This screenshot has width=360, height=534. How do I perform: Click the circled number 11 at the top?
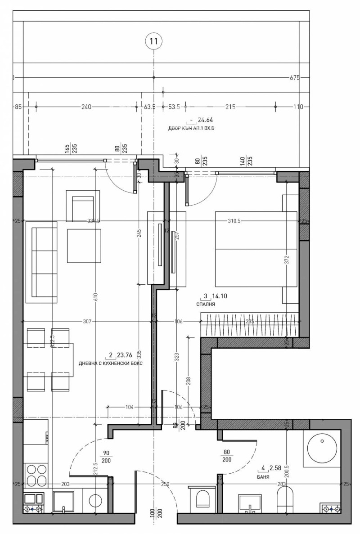click(x=154, y=41)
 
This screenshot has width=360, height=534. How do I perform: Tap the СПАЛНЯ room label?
click(x=206, y=305)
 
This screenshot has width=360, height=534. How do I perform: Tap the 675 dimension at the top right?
click(x=294, y=77)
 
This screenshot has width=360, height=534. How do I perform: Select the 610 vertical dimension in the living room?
click(x=95, y=296)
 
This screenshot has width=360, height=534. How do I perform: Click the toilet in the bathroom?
click(x=285, y=499)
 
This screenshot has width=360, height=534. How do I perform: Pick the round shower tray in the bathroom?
click(x=322, y=447)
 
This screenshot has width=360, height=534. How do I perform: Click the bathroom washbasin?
click(x=250, y=503)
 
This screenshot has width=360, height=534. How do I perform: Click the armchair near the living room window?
click(x=82, y=206)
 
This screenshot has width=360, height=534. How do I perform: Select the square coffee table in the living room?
click(x=84, y=246)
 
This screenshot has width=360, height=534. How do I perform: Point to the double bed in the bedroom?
click(x=256, y=249)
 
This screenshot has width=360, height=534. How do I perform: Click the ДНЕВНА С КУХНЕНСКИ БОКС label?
click(x=110, y=363)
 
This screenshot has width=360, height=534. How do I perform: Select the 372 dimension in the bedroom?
click(x=286, y=260)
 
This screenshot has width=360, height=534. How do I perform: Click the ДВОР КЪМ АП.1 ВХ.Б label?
click(x=191, y=129)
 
